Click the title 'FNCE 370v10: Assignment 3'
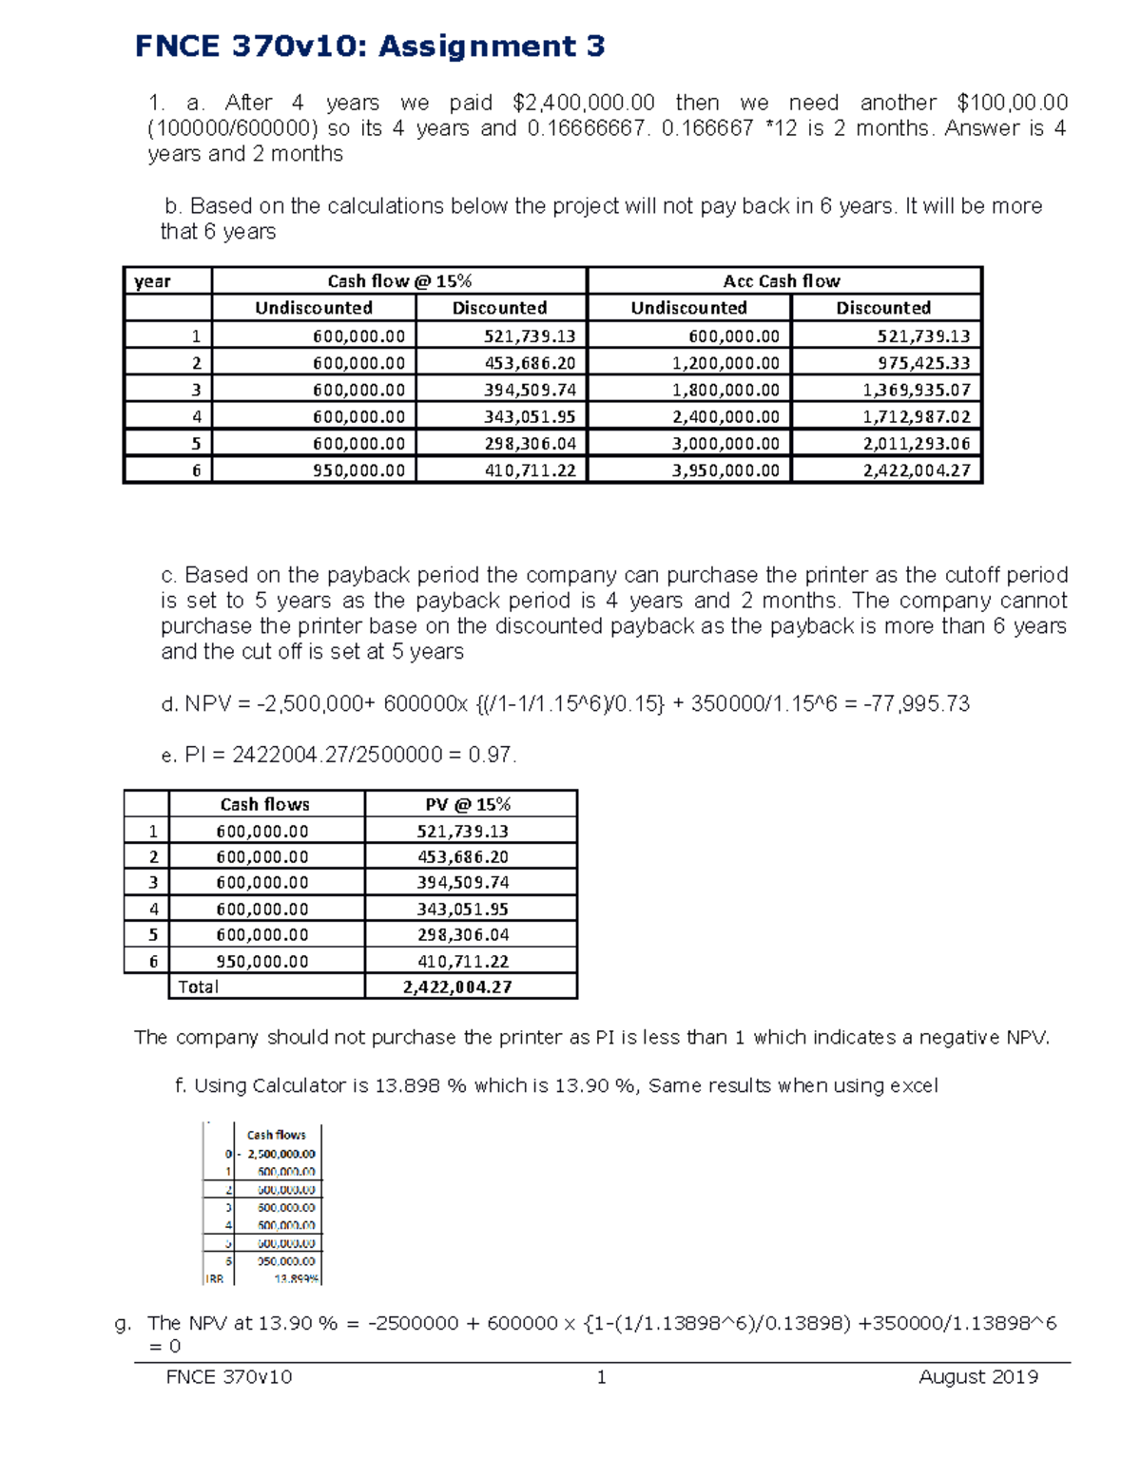point(370,46)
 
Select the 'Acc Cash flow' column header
point(782,280)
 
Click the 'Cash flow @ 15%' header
point(399,280)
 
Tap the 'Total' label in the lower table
point(199,987)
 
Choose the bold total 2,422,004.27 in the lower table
point(457,987)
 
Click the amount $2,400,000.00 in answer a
point(583,103)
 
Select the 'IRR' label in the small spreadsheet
point(215,1279)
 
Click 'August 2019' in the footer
point(978,1377)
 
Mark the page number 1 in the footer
point(601,1377)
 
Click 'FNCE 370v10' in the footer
point(229,1377)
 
